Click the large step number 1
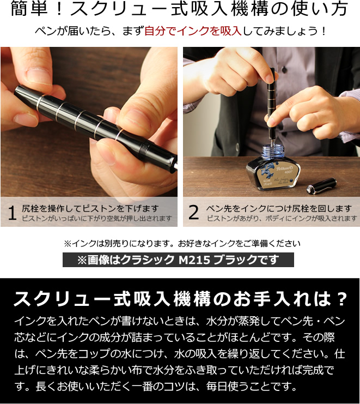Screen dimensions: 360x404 tap(13, 213)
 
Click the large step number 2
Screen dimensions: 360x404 tap(193, 212)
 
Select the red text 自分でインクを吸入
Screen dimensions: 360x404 tap(193, 31)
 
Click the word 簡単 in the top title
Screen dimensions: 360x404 tap(29, 9)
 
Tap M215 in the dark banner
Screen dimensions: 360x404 tap(194, 260)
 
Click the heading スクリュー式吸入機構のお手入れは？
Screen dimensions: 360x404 tap(180, 299)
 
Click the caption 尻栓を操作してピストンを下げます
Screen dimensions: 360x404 tap(90, 208)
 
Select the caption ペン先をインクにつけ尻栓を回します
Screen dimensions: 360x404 tap(279, 208)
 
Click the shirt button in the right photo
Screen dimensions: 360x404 tap(284, 69)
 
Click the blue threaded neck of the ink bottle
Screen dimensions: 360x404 tap(273, 151)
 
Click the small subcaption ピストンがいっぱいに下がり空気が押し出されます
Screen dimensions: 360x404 tap(97, 219)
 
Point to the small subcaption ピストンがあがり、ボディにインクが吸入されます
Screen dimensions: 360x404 tap(282, 219)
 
